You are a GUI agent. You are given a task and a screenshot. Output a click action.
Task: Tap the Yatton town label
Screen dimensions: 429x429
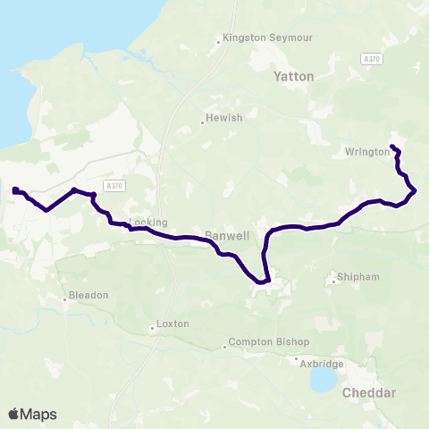[294, 77]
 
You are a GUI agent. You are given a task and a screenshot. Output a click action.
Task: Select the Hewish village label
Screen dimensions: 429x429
[223, 117]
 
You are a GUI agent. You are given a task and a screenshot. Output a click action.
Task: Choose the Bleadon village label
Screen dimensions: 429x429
[90, 295]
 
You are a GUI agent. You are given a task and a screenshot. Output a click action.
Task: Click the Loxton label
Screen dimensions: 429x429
[172, 324]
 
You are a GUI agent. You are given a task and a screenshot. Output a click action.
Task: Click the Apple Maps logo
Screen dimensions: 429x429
[32, 414]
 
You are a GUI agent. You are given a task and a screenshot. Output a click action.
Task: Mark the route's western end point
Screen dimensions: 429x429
[15, 189]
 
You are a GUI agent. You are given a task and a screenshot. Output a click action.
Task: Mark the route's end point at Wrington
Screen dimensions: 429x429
[393, 147]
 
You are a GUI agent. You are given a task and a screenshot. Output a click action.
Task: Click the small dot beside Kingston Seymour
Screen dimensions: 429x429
[220, 40]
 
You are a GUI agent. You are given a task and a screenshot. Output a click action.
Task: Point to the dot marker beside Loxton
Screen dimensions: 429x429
[153, 328]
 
